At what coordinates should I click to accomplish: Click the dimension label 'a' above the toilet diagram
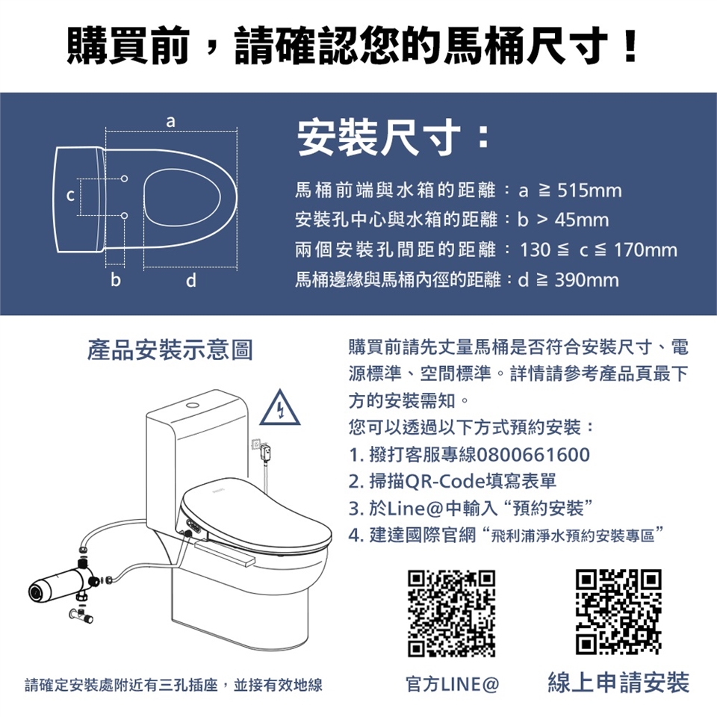[x=170, y=121]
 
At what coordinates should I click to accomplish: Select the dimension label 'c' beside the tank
[x=70, y=196]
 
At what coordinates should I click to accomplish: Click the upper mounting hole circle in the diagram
[x=125, y=179]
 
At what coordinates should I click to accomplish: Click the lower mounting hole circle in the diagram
[x=125, y=216]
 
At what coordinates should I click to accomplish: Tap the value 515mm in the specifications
[x=589, y=190]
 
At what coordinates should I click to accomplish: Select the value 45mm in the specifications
[x=582, y=220]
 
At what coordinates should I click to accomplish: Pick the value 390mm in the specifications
[x=587, y=279]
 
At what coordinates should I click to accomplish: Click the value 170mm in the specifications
[x=645, y=249]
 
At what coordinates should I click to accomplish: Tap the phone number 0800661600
[x=533, y=455]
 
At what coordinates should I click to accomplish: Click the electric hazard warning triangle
[x=280, y=409]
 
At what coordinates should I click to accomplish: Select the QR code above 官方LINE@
[x=451, y=612]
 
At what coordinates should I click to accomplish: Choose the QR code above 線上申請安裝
[x=618, y=612]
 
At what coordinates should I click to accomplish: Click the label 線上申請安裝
[x=618, y=682]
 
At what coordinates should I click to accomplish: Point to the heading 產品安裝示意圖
[x=170, y=350]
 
